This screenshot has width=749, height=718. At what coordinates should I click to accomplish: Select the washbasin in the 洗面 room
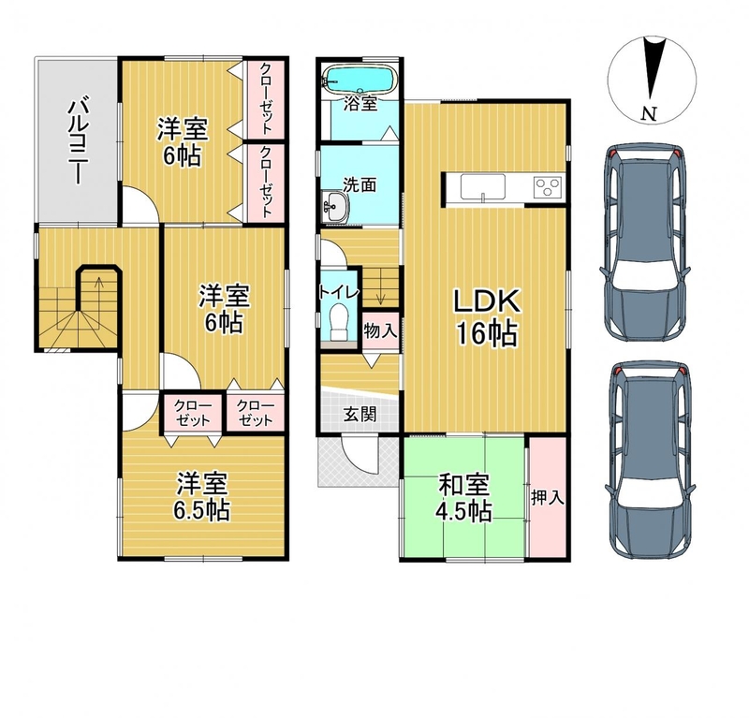[x=336, y=207]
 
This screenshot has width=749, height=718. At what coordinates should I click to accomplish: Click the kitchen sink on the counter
[x=483, y=187]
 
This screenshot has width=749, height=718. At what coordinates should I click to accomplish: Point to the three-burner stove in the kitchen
[x=548, y=186]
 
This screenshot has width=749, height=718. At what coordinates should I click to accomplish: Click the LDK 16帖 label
[x=487, y=316]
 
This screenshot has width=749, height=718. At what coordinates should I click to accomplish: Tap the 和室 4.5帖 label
[x=463, y=498]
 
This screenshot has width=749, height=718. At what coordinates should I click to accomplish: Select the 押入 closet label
[x=548, y=498]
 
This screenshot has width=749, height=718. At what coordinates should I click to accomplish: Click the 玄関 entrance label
[x=360, y=414]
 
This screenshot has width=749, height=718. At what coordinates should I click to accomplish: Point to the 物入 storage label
[x=380, y=330]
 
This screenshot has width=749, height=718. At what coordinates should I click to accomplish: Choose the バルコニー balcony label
[x=77, y=139]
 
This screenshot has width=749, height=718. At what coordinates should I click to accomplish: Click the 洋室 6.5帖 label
[x=201, y=497]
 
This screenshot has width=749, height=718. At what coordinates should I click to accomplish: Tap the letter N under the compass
[x=649, y=113]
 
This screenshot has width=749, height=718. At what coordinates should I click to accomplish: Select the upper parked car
[x=645, y=243]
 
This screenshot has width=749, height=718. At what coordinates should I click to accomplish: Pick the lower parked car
[x=650, y=462]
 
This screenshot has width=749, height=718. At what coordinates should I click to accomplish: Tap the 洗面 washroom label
[x=360, y=184]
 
